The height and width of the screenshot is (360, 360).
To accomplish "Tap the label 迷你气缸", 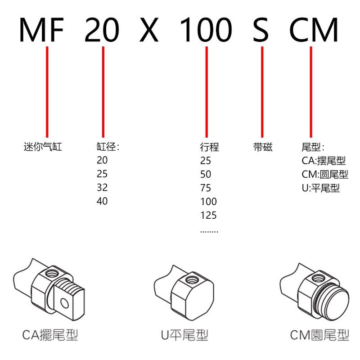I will [43, 147].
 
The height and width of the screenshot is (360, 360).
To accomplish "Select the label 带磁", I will [263, 147].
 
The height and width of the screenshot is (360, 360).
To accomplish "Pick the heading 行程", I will [209, 147].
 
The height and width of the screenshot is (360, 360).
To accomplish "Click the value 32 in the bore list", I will [102, 188].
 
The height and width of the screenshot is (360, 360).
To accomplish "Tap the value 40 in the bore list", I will [102, 201].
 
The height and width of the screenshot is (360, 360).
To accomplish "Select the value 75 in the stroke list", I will [206, 188].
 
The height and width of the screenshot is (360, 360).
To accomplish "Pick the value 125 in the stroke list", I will [208, 215].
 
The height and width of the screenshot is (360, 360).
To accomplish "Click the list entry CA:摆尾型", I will [324, 161].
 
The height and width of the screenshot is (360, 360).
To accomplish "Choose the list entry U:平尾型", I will [320, 188].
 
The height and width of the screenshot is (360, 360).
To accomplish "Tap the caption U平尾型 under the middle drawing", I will [184, 335].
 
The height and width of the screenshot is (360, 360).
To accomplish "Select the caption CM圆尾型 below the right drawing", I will [319, 335].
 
